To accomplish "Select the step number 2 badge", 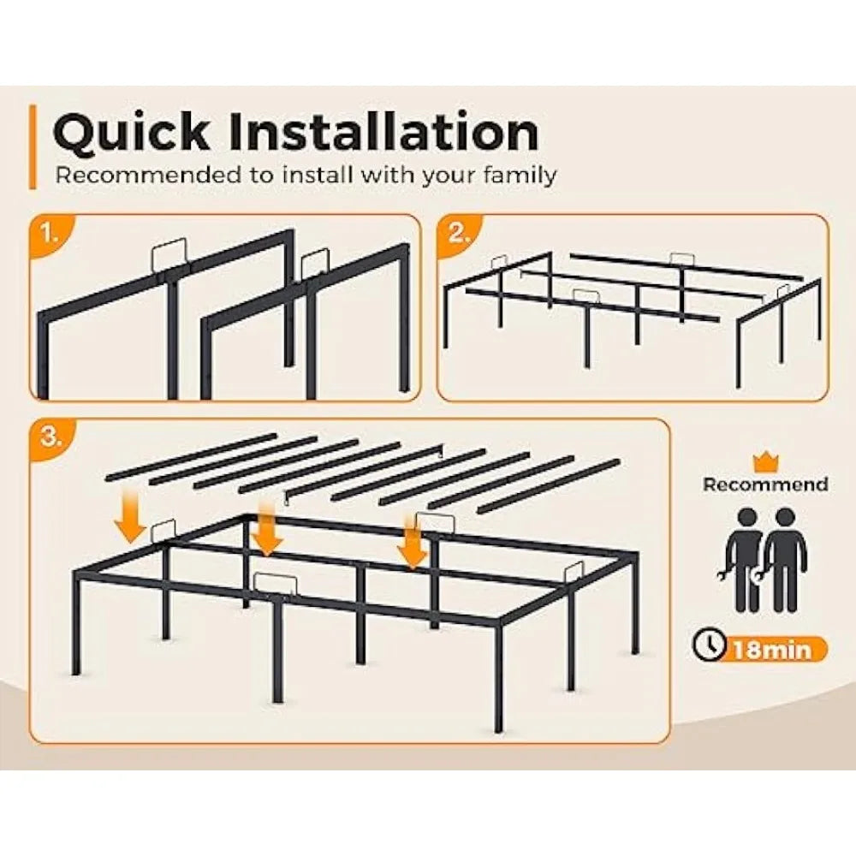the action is tap(459, 235).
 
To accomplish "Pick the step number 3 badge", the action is tap(51, 437).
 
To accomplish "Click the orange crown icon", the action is tap(765, 462).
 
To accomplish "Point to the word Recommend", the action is tap(764, 484).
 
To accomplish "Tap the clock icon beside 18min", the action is tap(708, 645).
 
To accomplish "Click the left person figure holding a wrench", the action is tap(745, 561).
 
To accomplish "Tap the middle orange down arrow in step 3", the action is tap(267, 530).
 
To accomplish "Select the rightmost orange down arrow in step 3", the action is tap(413, 543).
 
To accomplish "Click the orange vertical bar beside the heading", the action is tap(33, 147).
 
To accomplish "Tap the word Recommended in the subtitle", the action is tap(147, 175).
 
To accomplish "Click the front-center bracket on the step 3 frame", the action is tap(276, 585).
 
